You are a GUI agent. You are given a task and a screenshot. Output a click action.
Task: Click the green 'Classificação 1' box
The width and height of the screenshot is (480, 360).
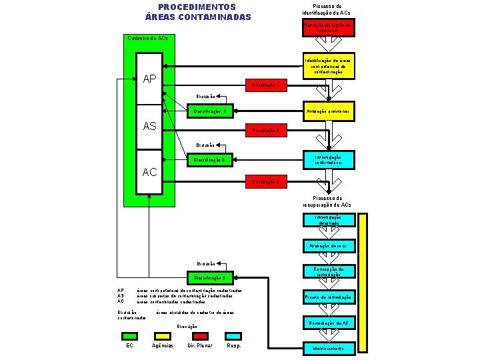(209, 111)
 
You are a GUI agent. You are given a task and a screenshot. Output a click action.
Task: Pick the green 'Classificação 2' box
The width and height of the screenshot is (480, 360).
(209, 160)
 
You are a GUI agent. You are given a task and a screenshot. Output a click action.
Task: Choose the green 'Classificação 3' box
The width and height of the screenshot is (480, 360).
(209, 277)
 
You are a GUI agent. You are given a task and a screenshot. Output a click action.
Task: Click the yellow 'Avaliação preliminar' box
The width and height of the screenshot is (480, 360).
(329, 110)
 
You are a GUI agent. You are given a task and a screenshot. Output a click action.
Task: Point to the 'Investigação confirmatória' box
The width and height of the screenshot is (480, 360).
(329, 159)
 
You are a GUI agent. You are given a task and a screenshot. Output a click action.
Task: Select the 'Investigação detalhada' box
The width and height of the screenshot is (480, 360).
(329, 220)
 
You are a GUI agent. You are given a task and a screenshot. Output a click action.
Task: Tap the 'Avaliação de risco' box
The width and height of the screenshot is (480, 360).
(329, 246)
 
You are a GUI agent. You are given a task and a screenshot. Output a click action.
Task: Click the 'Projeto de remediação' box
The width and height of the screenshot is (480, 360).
(329, 297)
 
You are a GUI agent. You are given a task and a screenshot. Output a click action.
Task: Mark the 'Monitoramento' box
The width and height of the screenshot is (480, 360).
(329, 349)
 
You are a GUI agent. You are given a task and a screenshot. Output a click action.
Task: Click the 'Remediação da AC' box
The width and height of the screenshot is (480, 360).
(329, 323)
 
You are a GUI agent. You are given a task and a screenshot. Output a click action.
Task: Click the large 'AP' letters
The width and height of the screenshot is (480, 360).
(150, 79)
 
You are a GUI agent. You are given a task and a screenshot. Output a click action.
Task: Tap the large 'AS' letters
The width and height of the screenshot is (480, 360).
(150, 126)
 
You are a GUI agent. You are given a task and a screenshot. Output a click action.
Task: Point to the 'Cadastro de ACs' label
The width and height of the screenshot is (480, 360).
(147, 38)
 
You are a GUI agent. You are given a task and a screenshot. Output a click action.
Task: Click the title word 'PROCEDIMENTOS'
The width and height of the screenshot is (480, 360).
(197, 7)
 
